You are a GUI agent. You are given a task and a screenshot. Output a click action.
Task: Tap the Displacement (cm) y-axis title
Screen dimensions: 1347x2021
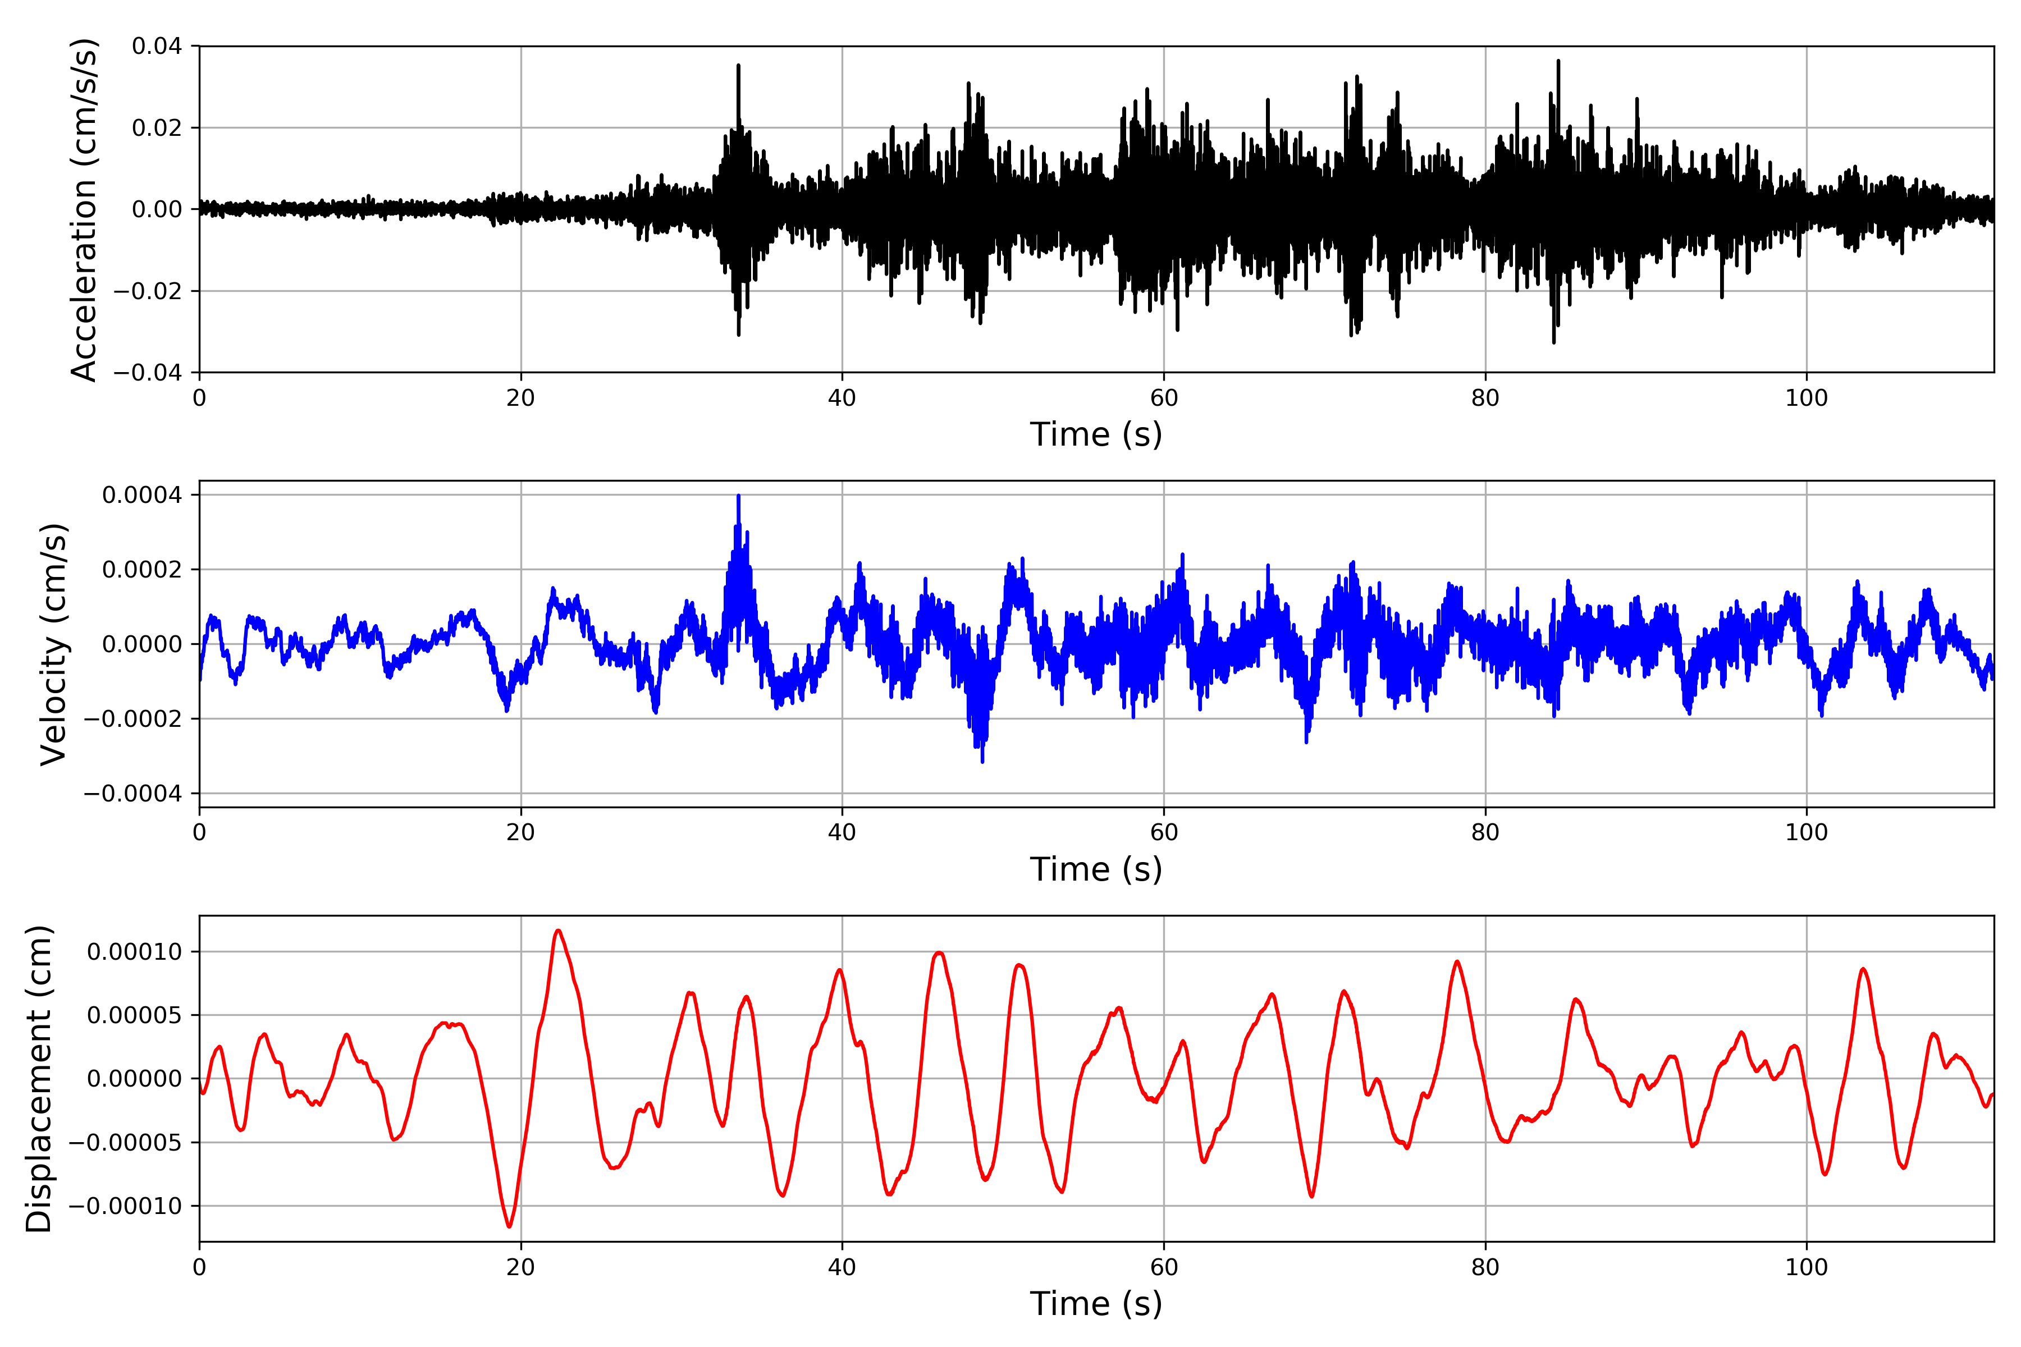pyautogui.click(x=39, y=1078)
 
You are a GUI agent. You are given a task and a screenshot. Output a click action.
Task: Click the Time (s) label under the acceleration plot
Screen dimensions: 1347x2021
pyautogui.click(x=1096, y=434)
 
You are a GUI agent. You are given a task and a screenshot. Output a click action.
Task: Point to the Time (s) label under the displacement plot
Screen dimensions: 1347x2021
pyautogui.click(x=1096, y=1304)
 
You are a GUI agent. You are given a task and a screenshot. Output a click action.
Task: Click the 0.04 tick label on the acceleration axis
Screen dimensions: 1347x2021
pyautogui.click(x=157, y=47)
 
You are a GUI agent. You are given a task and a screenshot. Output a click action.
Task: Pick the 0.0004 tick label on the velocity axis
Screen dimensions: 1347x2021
pyautogui.click(x=142, y=495)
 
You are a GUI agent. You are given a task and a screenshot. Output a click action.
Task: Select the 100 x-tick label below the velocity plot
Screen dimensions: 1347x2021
pyautogui.click(x=1806, y=832)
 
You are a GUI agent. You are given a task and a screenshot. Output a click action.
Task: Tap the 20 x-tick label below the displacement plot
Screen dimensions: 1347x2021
pyautogui.click(x=521, y=1267)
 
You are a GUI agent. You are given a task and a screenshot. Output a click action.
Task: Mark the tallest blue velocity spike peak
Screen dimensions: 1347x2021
pyautogui.click(x=738, y=497)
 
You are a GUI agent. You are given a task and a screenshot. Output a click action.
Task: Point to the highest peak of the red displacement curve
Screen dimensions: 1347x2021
pyautogui.click(x=559, y=931)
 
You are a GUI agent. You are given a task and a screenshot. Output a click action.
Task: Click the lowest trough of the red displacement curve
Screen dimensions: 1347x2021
pyautogui.click(x=510, y=1226)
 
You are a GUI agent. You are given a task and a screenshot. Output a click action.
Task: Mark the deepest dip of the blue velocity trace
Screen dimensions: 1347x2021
pyautogui.click(x=982, y=761)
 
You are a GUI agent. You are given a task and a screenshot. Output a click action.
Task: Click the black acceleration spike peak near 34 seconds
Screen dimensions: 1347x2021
pyautogui.click(x=738, y=66)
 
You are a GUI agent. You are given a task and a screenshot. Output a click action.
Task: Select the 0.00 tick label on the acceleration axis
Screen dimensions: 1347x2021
pyautogui.click(x=157, y=209)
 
